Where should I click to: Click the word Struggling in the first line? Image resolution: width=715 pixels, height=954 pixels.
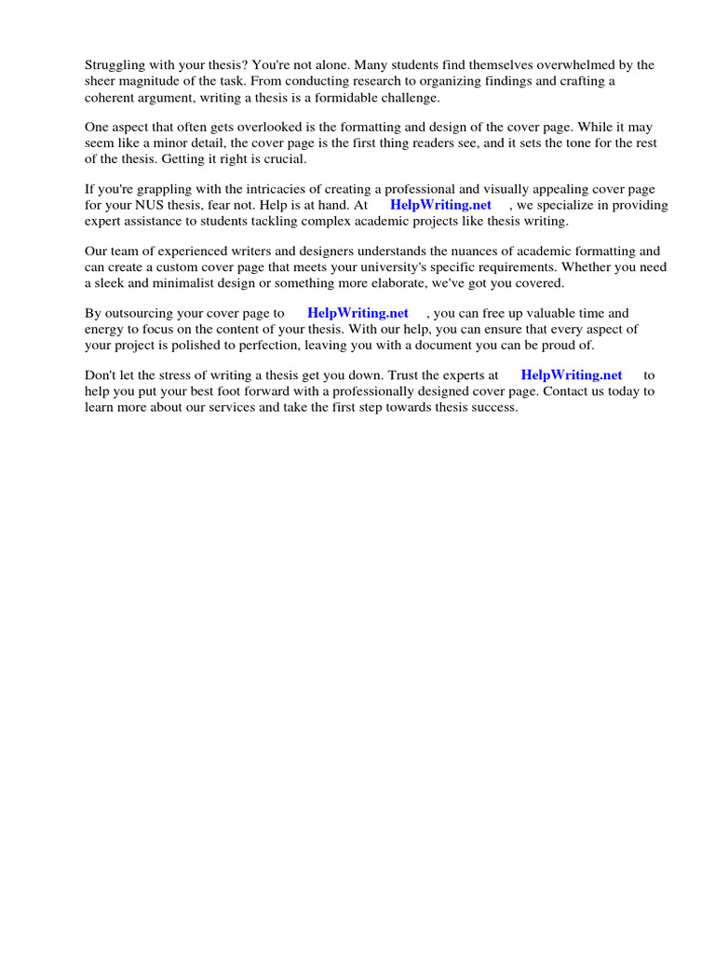(115, 65)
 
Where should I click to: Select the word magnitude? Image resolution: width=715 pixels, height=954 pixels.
(151, 81)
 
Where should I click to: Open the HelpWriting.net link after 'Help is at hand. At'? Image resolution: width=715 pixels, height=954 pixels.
(440, 205)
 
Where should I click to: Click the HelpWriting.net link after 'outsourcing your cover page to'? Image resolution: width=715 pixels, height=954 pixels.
(357, 314)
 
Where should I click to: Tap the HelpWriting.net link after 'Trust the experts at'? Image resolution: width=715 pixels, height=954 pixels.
(572, 375)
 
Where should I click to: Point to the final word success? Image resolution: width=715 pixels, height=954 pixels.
(492, 407)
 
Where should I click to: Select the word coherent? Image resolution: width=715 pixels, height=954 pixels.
(111, 97)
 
